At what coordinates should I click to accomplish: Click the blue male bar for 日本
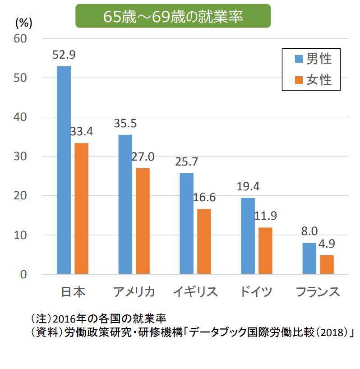[x=64, y=170]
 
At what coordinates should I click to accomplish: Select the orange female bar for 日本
[x=81, y=208]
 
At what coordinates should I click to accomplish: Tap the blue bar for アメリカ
[x=125, y=204]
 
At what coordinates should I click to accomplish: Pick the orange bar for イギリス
[x=204, y=241]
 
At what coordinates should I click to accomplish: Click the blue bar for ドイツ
[x=248, y=236]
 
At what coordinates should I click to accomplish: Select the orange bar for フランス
[x=327, y=264]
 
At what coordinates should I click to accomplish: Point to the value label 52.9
[x=64, y=55]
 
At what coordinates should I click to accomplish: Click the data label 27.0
[x=143, y=157]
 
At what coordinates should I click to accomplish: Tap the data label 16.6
[x=204, y=198]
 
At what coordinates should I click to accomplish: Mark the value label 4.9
[x=327, y=244]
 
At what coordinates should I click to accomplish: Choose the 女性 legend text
[x=319, y=80]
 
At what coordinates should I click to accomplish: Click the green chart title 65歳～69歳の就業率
[x=173, y=16]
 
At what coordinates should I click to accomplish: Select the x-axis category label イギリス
[x=195, y=292]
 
